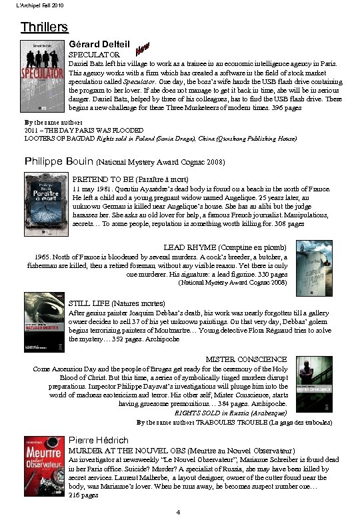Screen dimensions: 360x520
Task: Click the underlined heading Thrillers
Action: [x=44, y=27]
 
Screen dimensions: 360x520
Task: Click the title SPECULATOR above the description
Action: [x=95, y=54]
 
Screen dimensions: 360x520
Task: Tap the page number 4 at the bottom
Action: [x=178, y=512]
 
